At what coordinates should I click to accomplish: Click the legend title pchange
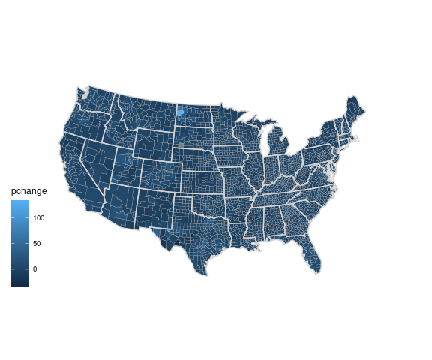pos(28,192)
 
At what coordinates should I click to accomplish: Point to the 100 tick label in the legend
pos(39,218)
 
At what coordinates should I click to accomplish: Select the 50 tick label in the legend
pos(37,244)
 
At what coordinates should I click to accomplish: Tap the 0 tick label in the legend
pos(34,268)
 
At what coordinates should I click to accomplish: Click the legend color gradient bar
pos(19,244)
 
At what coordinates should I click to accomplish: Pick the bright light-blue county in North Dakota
pos(180,113)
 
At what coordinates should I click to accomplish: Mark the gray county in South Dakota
pos(181,145)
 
